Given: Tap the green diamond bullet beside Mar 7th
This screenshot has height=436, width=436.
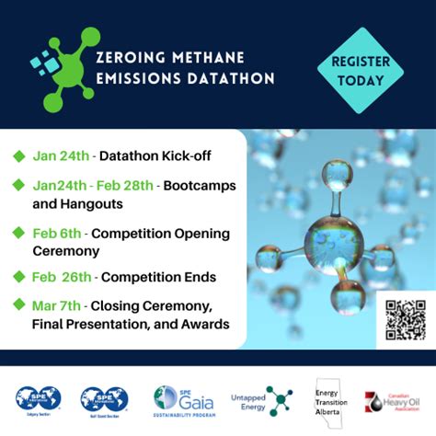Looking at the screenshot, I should [x=18, y=304].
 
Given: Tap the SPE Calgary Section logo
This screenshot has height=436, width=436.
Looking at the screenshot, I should [x=38, y=400].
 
